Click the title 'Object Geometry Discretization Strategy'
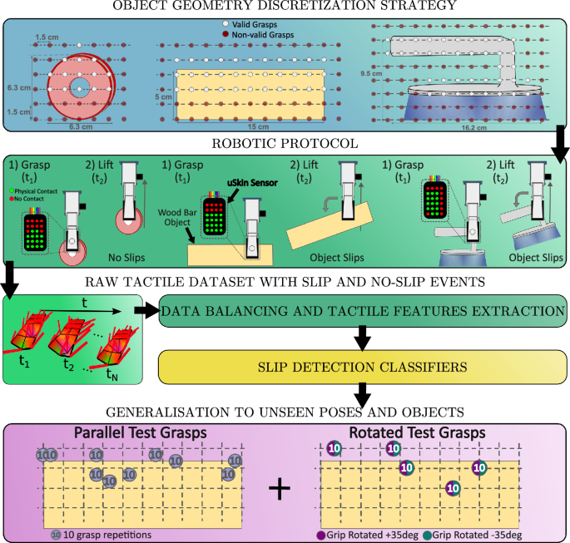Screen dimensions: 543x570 point(285,7)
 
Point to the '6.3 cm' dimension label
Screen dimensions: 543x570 point(18,86)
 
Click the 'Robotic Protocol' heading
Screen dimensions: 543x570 point(285,142)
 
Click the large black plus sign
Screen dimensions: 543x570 point(280,490)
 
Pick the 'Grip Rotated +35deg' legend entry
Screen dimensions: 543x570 point(370,535)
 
